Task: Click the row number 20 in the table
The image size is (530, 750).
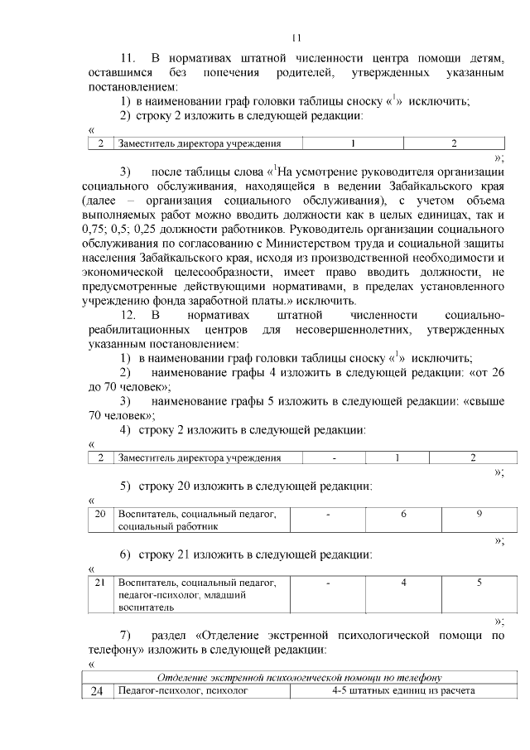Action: coord(100,515)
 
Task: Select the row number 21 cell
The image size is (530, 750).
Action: coord(100,583)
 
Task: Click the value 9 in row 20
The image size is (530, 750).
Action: coord(479,515)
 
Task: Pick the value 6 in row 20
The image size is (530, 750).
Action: coord(403,515)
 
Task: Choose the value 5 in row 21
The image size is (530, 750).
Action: coord(479,583)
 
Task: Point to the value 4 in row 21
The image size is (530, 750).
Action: coord(403,583)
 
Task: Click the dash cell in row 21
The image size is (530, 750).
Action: coord(329,583)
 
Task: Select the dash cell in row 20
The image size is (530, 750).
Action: coord(329,515)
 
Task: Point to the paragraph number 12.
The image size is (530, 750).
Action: coord(128,316)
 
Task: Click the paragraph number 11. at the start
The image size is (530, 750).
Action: coord(128,59)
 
